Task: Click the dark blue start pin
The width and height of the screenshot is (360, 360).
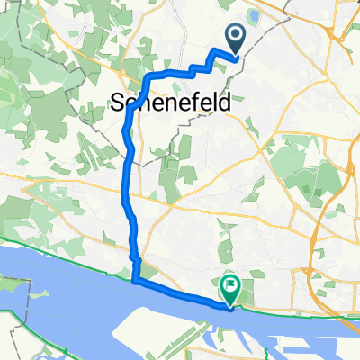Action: (236, 40)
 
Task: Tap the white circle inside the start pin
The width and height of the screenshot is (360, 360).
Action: (236, 36)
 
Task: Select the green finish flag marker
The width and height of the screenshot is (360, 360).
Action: (231, 290)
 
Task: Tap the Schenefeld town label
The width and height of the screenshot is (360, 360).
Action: (170, 102)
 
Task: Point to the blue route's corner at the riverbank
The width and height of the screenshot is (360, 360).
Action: (136, 281)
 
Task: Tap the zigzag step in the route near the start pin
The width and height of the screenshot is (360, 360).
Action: (209, 65)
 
